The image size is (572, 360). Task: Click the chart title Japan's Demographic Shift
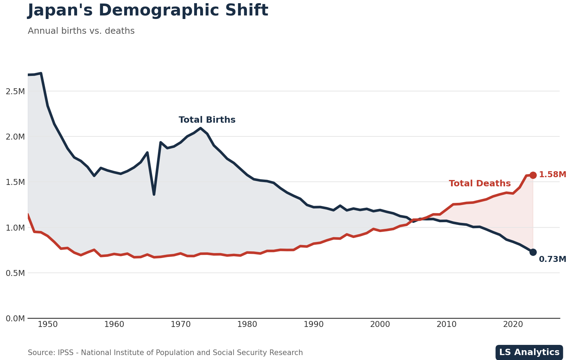pos(148,11)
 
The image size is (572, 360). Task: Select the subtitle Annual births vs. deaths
pos(81,31)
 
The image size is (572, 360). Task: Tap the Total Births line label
pos(207,120)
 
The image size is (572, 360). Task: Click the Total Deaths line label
pos(479,184)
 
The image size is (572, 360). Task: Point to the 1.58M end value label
pos(552,175)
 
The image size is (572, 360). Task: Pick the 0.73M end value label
pos(552,259)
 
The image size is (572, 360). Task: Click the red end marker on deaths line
pos(533,175)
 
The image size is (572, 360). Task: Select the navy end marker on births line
pos(533,252)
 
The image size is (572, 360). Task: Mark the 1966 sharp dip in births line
pos(154,194)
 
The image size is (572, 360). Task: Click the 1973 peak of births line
pos(201,128)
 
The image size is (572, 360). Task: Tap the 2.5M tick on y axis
pos(15,91)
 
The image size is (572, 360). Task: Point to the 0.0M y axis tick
pos(15,319)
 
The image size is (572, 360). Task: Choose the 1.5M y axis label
pos(15,182)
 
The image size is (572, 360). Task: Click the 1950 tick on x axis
pos(47,324)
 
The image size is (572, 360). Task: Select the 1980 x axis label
pos(247,324)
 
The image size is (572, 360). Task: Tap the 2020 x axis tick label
pos(513,324)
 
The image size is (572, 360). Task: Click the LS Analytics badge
pos(529,352)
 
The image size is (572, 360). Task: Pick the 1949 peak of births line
pos(41,73)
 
